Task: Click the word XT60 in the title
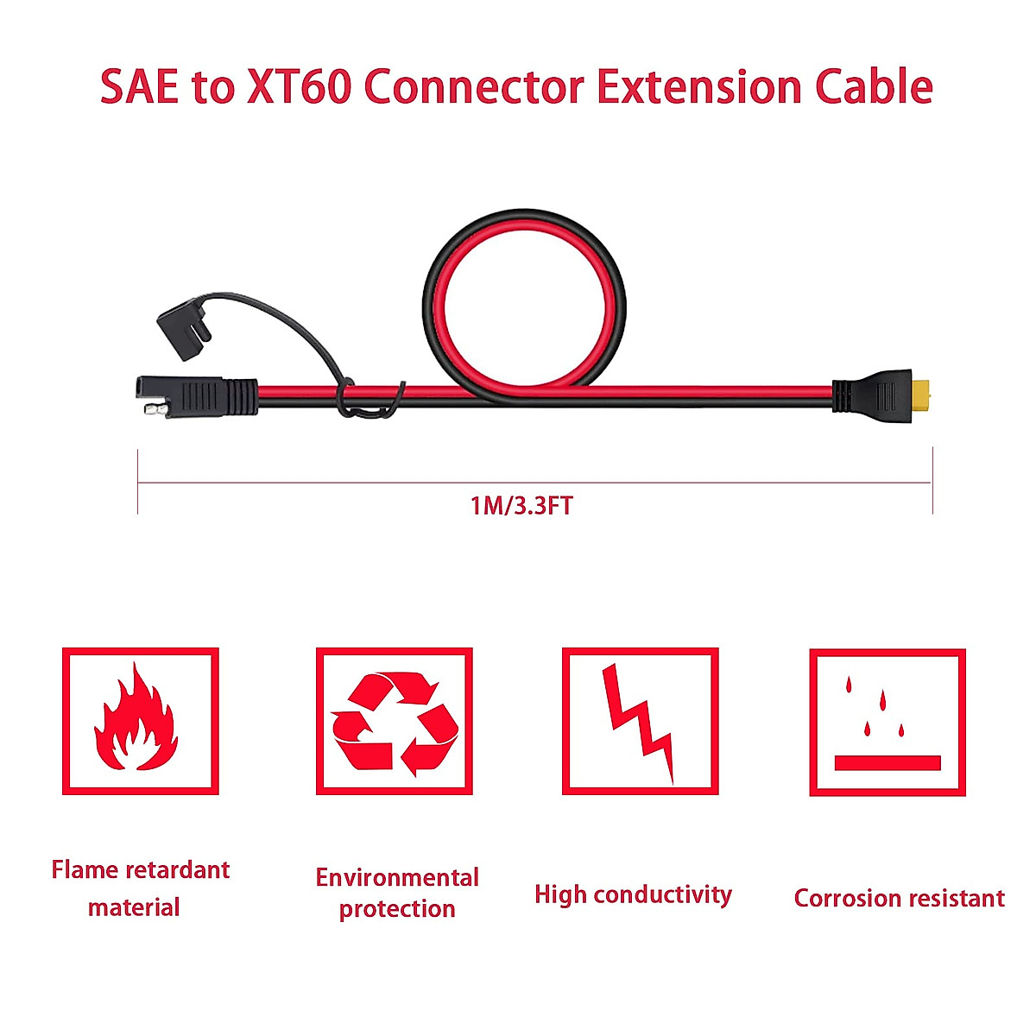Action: coord(299,87)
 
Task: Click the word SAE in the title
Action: coord(138,87)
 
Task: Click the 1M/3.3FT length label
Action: coord(521,505)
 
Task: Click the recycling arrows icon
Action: coord(395,722)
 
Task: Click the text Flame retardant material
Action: coord(140,888)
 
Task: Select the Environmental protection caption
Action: coord(397,893)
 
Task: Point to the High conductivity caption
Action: coord(633,894)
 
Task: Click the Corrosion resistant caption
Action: coord(899,898)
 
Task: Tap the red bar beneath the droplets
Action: coord(887,763)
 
